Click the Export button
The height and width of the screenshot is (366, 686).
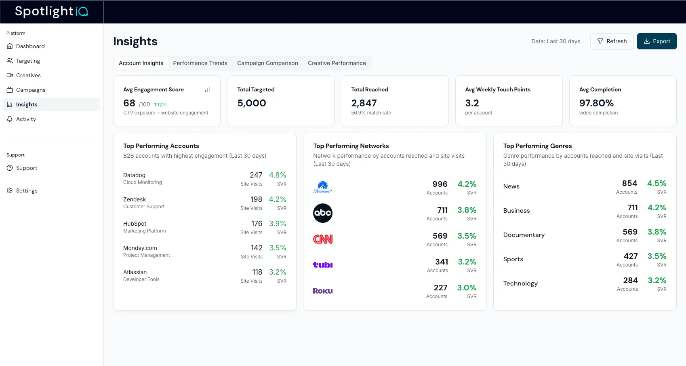click(x=657, y=41)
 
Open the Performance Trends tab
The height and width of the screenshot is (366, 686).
click(x=200, y=63)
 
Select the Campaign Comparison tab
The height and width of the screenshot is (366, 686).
click(x=267, y=63)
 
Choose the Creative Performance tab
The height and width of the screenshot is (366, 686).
click(x=337, y=63)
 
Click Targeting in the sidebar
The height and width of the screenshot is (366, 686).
click(x=28, y=61)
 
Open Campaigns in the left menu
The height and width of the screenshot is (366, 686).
click(x=30, y=90)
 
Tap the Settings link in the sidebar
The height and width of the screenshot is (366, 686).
click(x=27, y=190)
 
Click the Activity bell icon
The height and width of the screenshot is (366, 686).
click(x=10, y=119)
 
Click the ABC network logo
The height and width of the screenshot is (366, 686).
click(x=322, y=213)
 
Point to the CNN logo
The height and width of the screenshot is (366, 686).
click(x=322, y=239)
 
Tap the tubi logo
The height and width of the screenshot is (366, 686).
click(x=322, y=265)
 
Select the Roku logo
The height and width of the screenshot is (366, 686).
click(x=322, y=291)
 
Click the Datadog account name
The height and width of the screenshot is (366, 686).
click(x=134, y=175)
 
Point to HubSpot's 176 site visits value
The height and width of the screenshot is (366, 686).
click(x=257, y=224)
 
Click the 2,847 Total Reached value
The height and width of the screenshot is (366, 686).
click(x=364, y=103)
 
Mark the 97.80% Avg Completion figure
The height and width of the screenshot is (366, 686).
click(x=596, y=103)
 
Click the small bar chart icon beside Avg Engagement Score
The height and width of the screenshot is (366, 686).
click(x=207, y=90)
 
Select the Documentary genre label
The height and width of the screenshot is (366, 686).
click(x=524, y=235)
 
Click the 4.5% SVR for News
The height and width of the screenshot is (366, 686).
click(x=657, y=183)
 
